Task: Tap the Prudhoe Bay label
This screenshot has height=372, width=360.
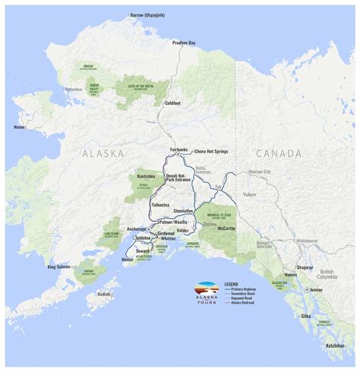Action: (x=185, y=43)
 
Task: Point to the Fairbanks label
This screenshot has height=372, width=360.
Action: (x=178, y=150)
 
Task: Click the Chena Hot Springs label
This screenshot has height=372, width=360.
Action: (x=212, y=152)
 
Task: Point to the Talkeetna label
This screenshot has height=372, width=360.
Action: (x=160, y=205)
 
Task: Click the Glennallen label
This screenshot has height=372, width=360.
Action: (x=183, y=211)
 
